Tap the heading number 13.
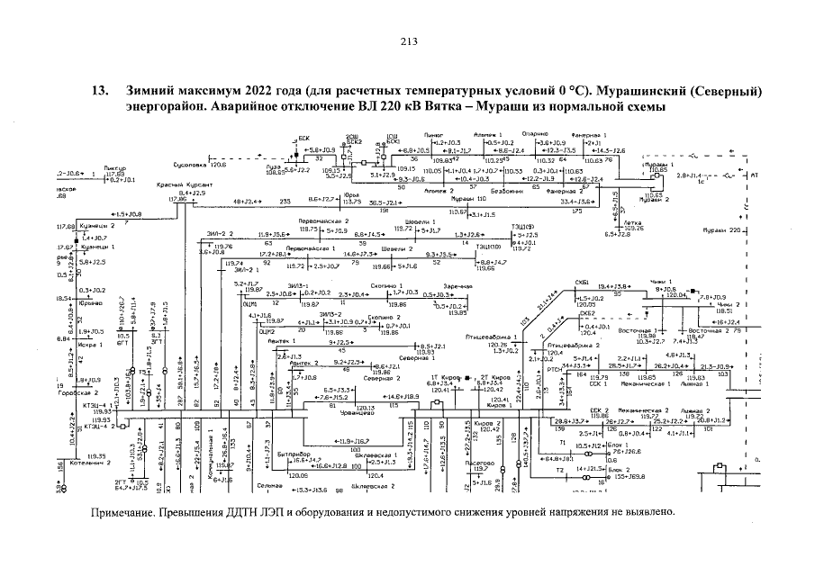103,92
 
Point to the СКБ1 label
583,283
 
